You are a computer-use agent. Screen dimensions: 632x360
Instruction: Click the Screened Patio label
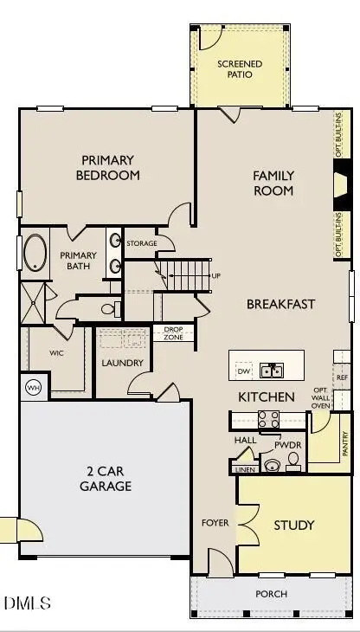tap(235, 69)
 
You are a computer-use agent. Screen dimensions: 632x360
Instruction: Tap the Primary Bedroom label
tap(111, 167)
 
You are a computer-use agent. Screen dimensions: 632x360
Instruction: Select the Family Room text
tap(273, 183)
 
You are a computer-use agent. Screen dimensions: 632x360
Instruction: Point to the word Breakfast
tap(280, 304)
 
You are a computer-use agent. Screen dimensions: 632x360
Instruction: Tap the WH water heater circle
tap(34, 387)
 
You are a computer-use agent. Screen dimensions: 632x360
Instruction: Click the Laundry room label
tap(121, 363)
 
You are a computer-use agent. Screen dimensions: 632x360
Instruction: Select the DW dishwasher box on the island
tap(244, 371)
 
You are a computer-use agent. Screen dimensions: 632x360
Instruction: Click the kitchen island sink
tap(273, 371)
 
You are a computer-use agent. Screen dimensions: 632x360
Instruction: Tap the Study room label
tap(294, 526)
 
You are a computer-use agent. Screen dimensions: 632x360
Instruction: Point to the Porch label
tap(270, 594)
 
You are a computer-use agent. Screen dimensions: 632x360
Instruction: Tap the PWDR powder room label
tap(287, 444)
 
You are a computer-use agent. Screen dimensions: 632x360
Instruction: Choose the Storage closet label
tap(142, 243)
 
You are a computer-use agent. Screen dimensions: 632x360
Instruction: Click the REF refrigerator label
tap(342, 377)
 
